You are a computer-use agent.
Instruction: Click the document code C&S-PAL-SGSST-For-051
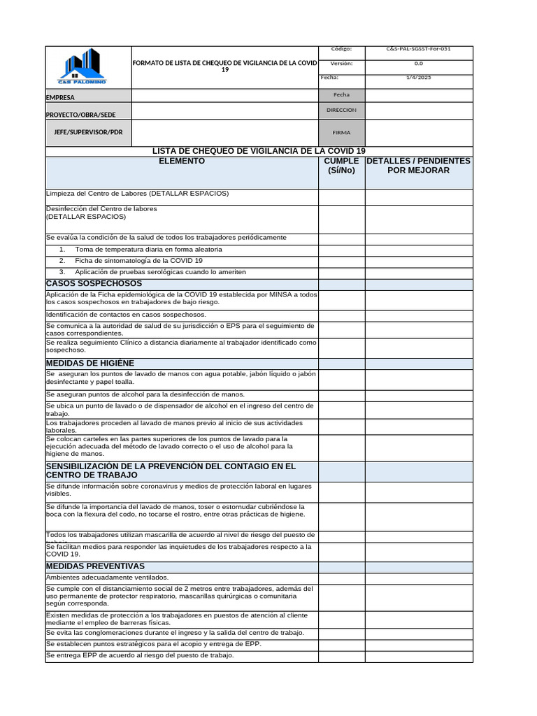[x=418, y=50]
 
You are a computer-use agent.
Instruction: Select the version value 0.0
[x=418, y=64]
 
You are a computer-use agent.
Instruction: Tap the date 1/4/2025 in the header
[x=418, y=77]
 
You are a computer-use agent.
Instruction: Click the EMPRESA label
[x=60, y=98]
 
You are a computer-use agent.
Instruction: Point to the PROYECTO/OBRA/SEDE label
[x=81, y=114]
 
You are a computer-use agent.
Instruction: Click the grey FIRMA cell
[x=341, y=132]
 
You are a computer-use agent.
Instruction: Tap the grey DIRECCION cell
[x=341, y=110]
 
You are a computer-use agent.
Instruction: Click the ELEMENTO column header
[x=182, y=162]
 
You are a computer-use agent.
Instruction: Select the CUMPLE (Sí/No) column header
[x=341, y=166]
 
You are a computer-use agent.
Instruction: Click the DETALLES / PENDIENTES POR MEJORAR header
[x=418, y=166]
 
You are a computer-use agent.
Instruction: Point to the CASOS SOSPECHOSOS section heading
[x=94, y=283]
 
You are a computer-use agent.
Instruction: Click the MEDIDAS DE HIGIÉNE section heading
[x=90, y=363]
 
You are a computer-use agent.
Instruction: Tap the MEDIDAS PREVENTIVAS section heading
[x=95, y=566]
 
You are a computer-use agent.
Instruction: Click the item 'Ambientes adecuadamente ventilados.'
[x=107, y=578]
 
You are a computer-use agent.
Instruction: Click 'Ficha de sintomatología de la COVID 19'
[x=138, y=260]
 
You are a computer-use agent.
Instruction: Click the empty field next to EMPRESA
[x=224, y=96]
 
